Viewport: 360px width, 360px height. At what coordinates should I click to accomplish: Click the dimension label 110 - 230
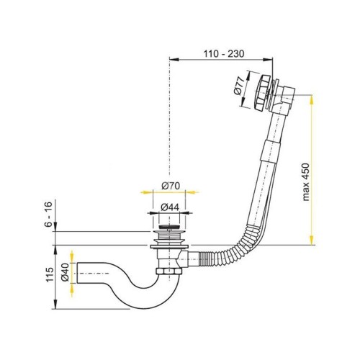coord(224,54)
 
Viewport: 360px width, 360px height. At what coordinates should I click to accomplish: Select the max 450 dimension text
coord(306,182)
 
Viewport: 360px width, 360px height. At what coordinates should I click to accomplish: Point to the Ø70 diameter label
coord(171,186)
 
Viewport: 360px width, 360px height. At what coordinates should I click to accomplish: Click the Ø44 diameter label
coord(170,207)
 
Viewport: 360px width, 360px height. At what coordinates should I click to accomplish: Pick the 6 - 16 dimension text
coord(48,215)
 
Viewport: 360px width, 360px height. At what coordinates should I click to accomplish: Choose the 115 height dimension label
coord(50,274)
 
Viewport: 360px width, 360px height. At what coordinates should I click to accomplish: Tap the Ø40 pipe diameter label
coord(65,273)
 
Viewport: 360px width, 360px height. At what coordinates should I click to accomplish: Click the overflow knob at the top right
coord(262,92)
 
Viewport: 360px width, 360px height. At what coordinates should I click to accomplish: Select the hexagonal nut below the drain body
coord(169,271)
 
